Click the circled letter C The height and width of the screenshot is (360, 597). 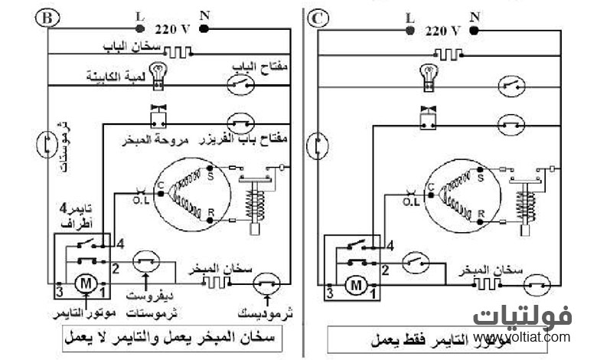316,16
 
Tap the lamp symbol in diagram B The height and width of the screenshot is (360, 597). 159,72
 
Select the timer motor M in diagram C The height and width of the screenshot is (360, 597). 354,286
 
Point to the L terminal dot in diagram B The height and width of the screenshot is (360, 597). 139,29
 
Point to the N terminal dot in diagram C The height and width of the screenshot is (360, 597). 474,30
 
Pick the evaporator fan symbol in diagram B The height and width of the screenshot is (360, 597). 159,116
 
